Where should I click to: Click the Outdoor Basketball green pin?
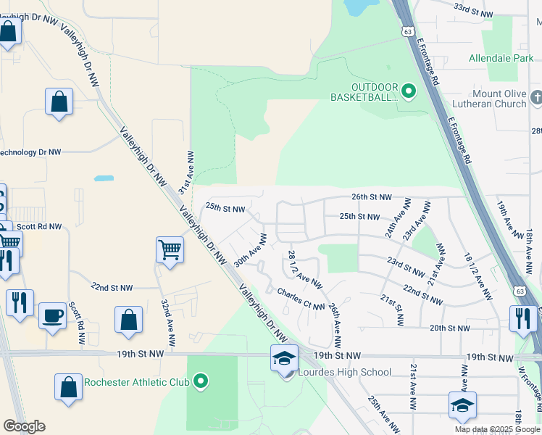[x=409, y=91]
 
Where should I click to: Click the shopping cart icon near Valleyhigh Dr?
[x=170, y=250]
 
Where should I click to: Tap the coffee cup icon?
[x=52, y=315]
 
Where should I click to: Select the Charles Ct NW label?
[x=301, y=299]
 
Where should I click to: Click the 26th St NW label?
[x=371, y=197]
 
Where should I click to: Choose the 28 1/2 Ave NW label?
[x=304, y=268]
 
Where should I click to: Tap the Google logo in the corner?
[x=24, y=426]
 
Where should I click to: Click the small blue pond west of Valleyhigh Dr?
[x=104, y=178]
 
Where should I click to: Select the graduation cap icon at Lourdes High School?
[x=284, y=358]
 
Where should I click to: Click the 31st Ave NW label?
[x=185, y=173]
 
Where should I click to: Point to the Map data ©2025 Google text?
[x=496, y=429]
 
